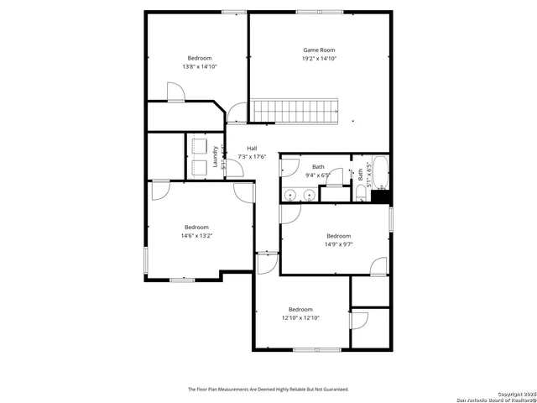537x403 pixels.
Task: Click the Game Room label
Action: click(319, 50)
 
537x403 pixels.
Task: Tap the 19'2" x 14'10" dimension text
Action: click(319, 59)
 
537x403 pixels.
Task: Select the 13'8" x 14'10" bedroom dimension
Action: click(200, 66)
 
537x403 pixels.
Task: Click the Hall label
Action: click(252, 148)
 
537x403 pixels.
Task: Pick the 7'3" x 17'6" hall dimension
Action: click(252, 156)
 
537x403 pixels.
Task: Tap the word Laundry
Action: click(216, 157)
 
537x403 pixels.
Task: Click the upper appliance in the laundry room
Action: click(199, 145)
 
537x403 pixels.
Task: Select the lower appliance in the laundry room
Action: click(199, 166)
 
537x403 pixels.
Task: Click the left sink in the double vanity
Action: click(290, 196)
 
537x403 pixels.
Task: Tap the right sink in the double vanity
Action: click(309, 196)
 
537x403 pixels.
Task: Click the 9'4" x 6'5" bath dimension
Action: click(318, 175)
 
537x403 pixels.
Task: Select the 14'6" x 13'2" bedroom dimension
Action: click(196, 236)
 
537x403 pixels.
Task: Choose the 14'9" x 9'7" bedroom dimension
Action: click(338, 244)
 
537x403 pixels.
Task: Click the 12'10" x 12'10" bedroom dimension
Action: click(300, 318)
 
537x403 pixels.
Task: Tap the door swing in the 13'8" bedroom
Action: click(175, 92)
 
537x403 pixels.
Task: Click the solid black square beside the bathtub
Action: click(381, 196)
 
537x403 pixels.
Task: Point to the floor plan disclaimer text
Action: click(268, 390)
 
